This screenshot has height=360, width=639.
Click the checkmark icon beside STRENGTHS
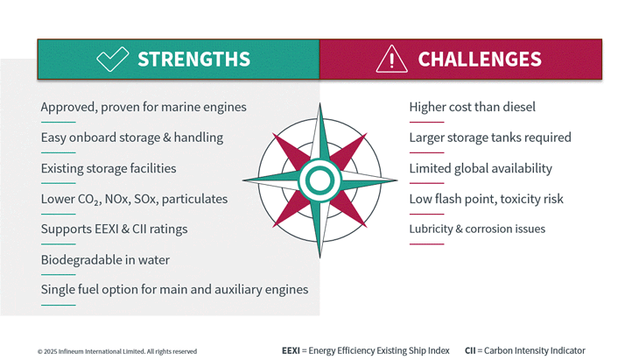coord(112,59)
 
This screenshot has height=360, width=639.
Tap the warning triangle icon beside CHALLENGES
coord(391,59)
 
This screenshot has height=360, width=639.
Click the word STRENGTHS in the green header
coord(194,59)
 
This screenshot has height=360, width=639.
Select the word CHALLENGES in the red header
coord(480,59)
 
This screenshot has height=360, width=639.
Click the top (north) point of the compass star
coord(319,103)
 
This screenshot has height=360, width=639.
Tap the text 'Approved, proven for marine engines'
coord(144,107)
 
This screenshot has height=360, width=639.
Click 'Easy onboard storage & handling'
coord(132,138)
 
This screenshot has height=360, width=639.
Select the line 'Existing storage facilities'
coord(109,168)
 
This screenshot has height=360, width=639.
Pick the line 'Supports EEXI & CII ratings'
coord(114,229)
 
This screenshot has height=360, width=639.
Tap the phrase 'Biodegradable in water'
coord(105,259)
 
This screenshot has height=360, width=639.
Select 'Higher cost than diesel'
coord(473,107)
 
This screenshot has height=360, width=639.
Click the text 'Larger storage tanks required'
coord(490,138)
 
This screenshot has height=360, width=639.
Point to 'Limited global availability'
coord(481,168)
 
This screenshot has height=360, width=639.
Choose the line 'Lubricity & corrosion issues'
coord(477,229)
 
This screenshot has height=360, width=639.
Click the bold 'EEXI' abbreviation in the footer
coord(291,350)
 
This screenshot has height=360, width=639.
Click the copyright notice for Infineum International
coord(117,351)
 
